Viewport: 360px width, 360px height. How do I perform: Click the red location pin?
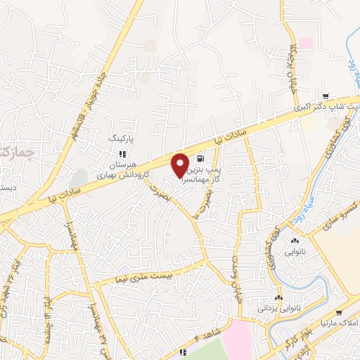point(181,165)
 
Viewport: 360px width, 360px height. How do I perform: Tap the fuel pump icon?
point(202,158)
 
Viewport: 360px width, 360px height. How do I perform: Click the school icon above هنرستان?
point(122,153)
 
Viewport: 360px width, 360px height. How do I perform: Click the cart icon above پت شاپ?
point(324,96)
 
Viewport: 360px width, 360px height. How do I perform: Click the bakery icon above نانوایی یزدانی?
point(279,298)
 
